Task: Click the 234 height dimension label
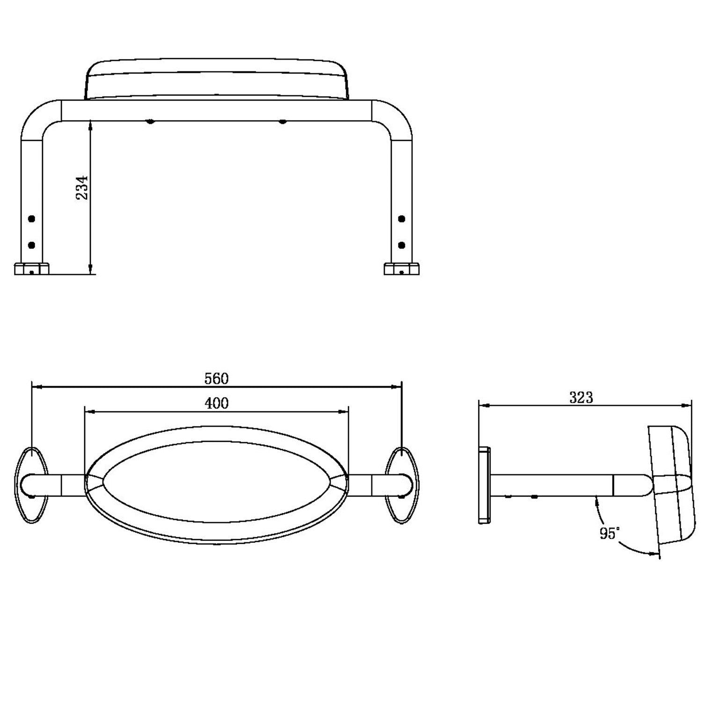(x=82, y=188)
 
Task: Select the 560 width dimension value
(x=217, y=378)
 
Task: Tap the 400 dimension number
(x=217, y=403)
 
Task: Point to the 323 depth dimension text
(x=581, y=397)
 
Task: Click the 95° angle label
(x=610, y=533)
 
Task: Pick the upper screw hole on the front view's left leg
(x=32, y=219)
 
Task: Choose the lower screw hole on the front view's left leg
(x=32, y=245)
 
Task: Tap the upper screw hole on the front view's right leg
(x=401, y=219)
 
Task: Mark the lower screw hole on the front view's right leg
(x=401, y=245)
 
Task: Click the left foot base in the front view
(x=32, y=269)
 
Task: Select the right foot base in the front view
(x=401, y=269)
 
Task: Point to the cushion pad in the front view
(x=217, y=79)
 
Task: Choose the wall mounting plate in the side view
(x=484, y=484)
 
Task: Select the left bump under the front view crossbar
(x=150, y=122)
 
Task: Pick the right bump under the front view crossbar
(x=282, y=122)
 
